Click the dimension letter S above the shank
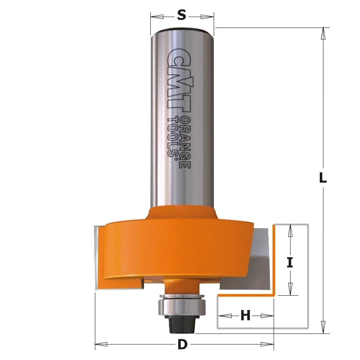click(x=182, y=16)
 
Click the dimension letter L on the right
click(x=323, y=177)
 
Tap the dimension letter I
click(x=290, y=263)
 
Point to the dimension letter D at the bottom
click(x=183, y=344)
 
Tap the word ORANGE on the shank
click(x=185, y=143)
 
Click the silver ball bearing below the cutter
click(x=182, y=306)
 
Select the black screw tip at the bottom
click(x=182, y=325)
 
